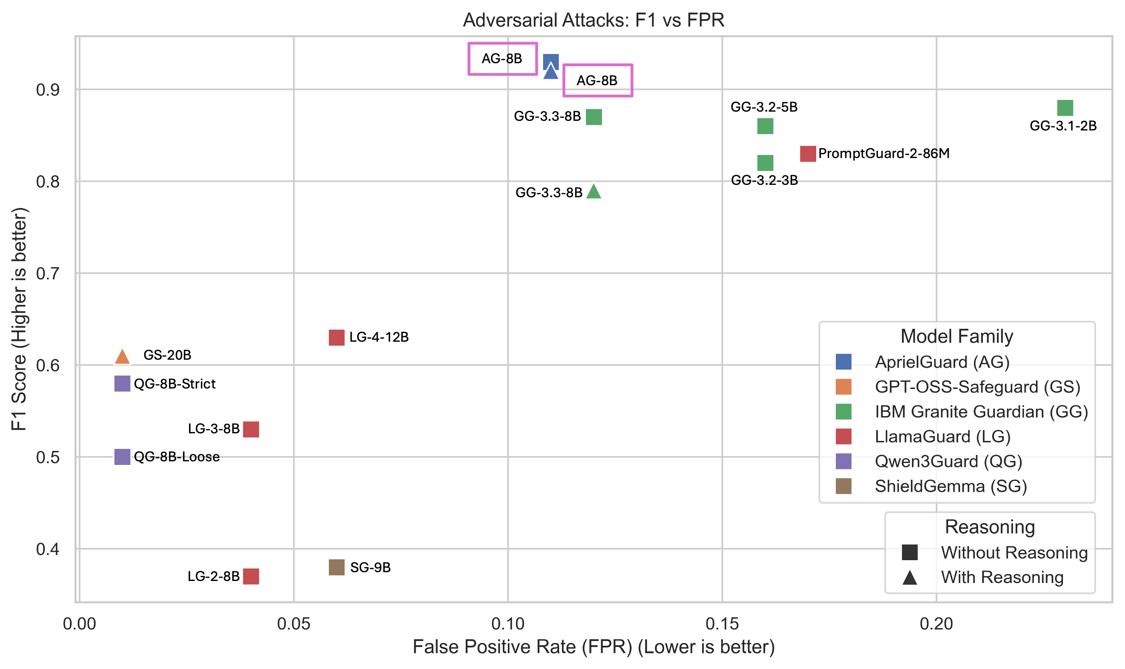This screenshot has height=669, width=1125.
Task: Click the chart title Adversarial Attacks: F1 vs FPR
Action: point(594,20)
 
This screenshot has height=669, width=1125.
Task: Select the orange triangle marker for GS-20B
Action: point(122,357)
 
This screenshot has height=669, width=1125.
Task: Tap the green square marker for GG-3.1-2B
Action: point(1065,108)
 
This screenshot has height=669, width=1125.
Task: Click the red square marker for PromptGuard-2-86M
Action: point(808,154)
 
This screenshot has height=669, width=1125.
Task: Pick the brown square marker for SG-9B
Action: point(337,567)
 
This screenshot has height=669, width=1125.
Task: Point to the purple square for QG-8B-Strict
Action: point(122,384)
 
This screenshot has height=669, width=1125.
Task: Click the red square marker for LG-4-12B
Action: point(337,337)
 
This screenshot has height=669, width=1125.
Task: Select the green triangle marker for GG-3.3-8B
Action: point(594,192)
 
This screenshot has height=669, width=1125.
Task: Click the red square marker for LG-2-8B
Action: point(251,576)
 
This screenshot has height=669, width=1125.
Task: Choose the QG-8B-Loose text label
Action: point(177,457)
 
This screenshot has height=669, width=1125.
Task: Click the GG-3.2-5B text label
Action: point(764,107)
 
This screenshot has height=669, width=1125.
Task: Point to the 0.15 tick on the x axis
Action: point(722,623)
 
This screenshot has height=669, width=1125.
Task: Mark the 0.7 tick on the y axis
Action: point(48,273)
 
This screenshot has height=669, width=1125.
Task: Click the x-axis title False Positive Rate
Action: point(594,647)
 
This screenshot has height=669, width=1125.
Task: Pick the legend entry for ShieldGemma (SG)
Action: point(951,486)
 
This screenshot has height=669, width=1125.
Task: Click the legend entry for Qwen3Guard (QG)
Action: point(948,461)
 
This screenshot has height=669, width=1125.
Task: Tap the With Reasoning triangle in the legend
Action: point(910,577)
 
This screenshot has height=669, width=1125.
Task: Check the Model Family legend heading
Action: point(957,337)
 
